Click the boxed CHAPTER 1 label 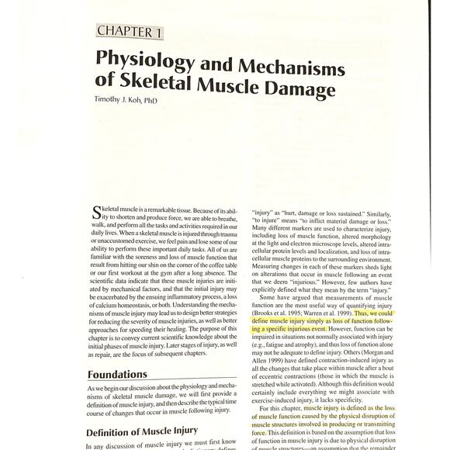click(130, 31)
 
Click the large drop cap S click(96, 212)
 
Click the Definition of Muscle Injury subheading click(141, 432)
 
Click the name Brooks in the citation click(265, 313)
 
